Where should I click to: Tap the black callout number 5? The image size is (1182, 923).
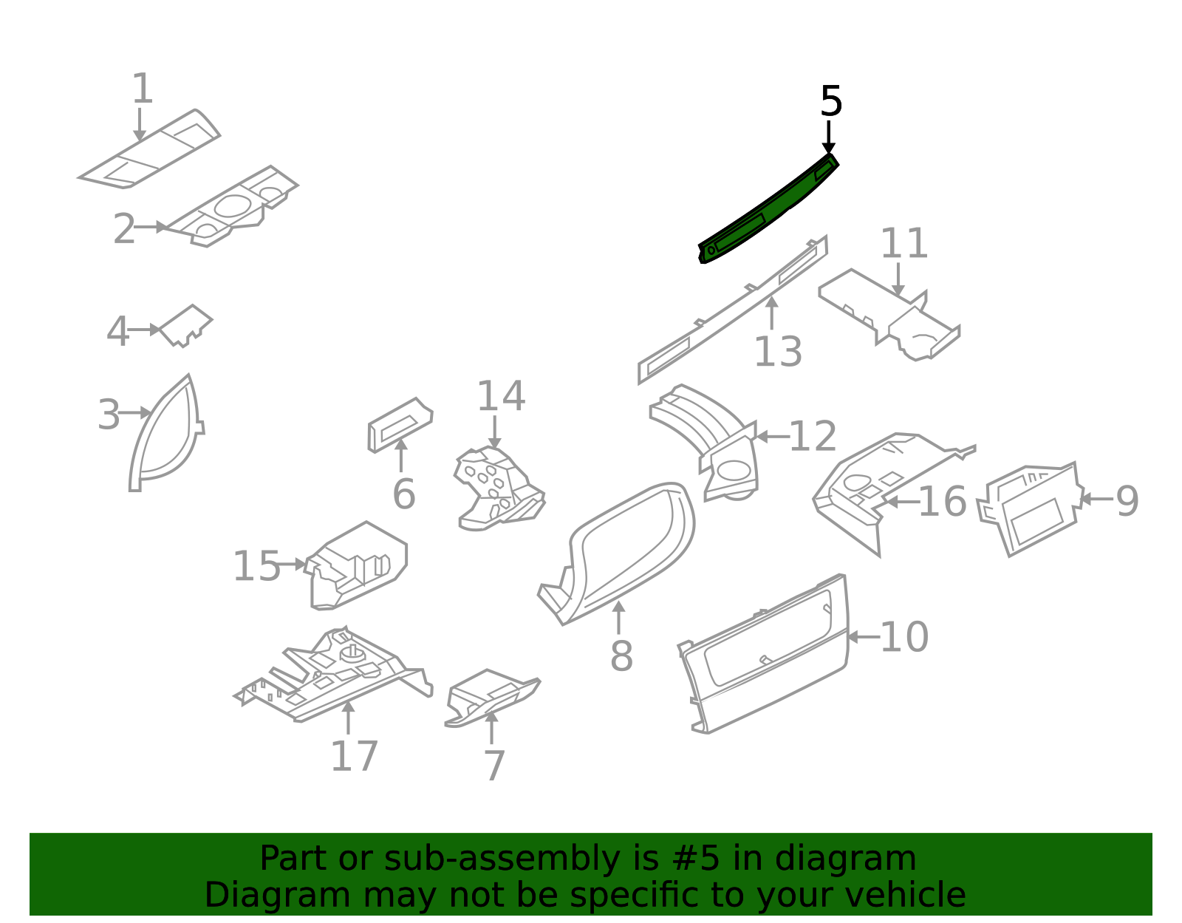click(830, 101)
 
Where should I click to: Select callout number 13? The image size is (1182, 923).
click(778, 351)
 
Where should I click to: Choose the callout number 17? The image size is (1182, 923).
click(354, 756)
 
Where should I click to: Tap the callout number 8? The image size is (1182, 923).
click(622, 656)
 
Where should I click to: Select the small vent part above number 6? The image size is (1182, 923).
click(400, 425)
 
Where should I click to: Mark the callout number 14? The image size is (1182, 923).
click(501, 396)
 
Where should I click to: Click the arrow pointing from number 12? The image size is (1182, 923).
click(773, 436)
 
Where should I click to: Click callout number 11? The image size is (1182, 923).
click(903, 243)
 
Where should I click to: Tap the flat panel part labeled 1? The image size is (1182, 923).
click(149, 149)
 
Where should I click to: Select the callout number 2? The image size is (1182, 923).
click(124, 228)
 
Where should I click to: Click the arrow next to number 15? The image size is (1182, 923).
click(293, 564)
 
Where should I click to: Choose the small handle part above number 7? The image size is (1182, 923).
click(492, 698)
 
